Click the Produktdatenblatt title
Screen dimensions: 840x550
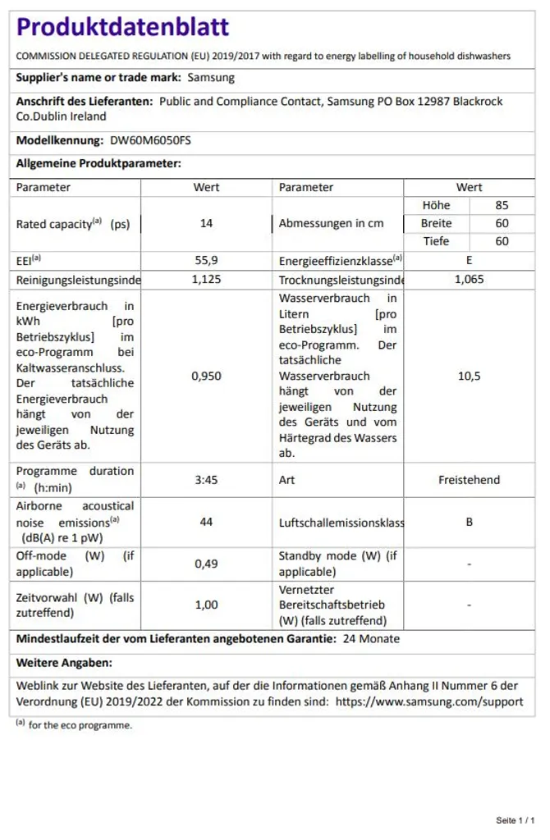click(123, 27)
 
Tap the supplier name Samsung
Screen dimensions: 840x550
click(211, 78)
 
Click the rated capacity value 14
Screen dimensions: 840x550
click(206, 223)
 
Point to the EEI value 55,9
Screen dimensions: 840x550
click(206, 260)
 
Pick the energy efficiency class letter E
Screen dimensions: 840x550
click(469, 260)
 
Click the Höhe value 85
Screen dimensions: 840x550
click(502, 205)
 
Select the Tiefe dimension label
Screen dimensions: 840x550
click(436, 241)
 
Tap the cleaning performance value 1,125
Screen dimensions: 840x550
click(206, 279)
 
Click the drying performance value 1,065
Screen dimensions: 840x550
click(469, 279)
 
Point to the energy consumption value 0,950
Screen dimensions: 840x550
click(206, 376)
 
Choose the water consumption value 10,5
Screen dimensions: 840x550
click(469, 376)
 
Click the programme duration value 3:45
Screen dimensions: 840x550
click(206, 480)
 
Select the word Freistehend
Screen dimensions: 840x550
click(469, 480)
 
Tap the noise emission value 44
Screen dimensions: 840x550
click(206, 522)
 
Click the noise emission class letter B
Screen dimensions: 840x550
click(469, 522)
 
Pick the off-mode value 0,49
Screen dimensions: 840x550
click(206, 564)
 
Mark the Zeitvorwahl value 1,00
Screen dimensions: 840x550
click(206, 605)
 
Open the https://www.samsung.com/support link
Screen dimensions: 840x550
click(429, 701)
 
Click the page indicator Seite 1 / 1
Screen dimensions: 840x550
click(516, 820)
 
